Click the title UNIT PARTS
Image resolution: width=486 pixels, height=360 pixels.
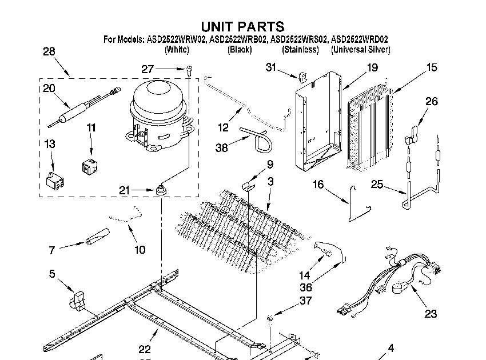[242, 26]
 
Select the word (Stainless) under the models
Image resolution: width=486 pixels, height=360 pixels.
[300, 50]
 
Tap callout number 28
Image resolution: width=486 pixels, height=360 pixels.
[49, 52]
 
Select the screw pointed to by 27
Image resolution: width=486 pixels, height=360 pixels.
[188, 70]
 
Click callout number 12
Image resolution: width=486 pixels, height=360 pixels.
[224, 126]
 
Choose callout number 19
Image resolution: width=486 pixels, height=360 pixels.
[372, 67]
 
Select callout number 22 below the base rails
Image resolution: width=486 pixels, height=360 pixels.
[145, 349]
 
